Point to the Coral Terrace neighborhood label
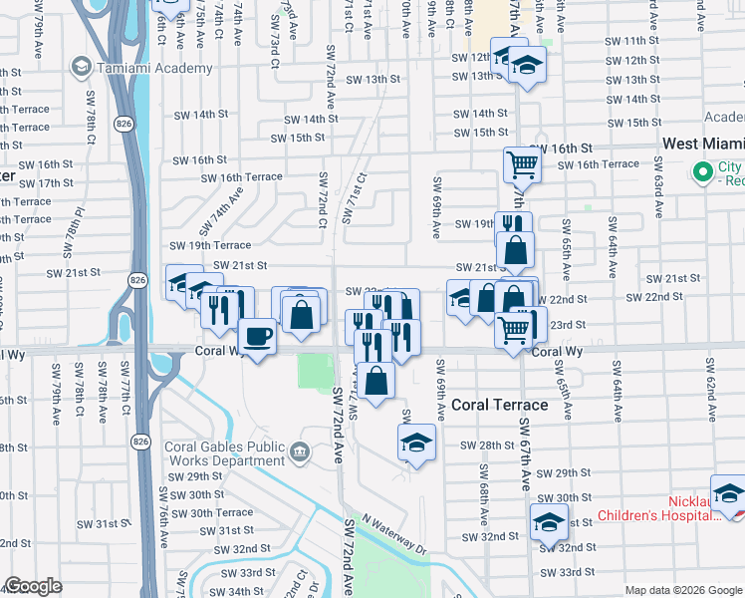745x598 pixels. coord(500,405)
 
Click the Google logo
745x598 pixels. coord(33,586)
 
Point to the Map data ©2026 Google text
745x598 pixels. coord(683,590)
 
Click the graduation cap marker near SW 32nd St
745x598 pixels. coord(549,521)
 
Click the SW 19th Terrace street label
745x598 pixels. coord(210,245)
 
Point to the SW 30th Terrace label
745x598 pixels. coord(222,512)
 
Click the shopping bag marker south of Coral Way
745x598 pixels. coord(375,381)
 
